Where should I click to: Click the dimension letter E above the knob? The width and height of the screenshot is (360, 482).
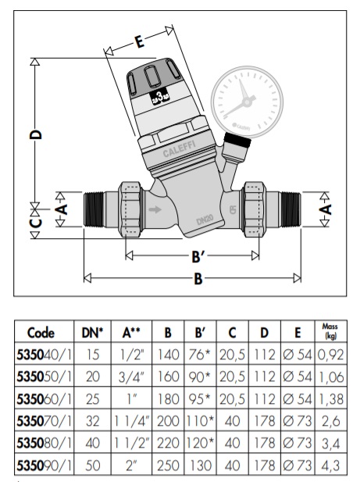[x=140, y=43]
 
